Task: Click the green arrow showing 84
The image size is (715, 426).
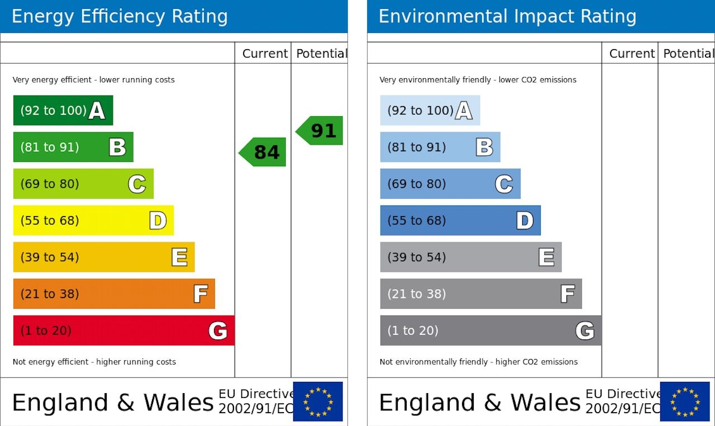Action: pyautogui.click(x=263, y=152)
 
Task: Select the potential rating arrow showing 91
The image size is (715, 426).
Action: pyautogui.click(x=320, y=131)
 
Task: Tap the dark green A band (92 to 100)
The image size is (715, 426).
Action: pyautogui.click(x=63, y=110)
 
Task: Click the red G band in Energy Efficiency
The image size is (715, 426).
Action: pyautogui.click(x=123, y=331)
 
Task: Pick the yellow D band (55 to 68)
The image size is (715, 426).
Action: pyautogui.click(x=93, y=221)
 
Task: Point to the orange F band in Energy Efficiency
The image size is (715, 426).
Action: pyautogui.click(x=113, y=294)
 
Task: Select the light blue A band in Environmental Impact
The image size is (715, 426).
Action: pyautogui.click(x=429, y=110)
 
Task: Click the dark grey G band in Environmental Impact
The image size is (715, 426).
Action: pyautogui.click(x=490, y=331)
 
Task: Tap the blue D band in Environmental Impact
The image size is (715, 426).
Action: pyautogui.click(x=460, y=221)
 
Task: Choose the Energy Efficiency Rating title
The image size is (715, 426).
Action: pyautogui.click(x=120, y=16)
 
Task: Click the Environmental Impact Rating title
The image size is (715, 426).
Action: pyautogui.click(x=507, y=16)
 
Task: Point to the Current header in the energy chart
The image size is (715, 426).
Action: pyautogui.click(x=265, y=54)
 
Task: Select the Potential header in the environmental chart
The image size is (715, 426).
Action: pyautogui.click(x=688, y=54)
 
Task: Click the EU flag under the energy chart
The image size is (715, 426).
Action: pyautogui.click(x=318, y=401)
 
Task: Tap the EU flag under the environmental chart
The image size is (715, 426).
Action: pyautogui.click(x=684, y=401)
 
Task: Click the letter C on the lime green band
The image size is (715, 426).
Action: pyautogui.click(x=137, y=184)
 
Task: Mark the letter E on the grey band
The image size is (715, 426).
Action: pyautogui.click(x=546, y=257)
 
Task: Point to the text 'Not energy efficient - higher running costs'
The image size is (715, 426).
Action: pyautogui.click(x=94, y=362)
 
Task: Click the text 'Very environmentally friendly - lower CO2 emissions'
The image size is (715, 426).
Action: pyautogui.click(x=478, y=80)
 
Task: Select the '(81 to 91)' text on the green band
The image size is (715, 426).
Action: pyautogui.click(x=50, y=147)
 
